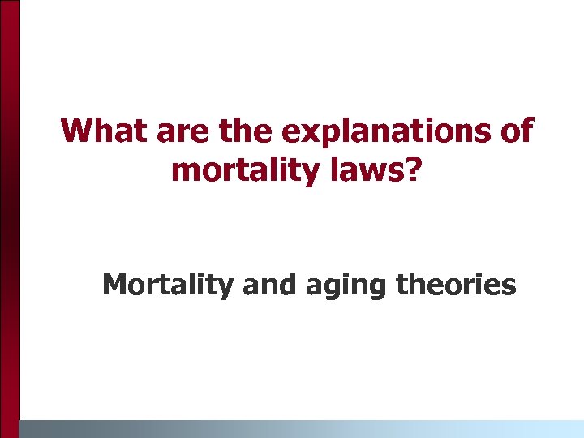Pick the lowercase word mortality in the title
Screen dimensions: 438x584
pyautogui.click(x=238, y=171)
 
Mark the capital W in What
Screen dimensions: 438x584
pyautogui.click(x=78, y=131)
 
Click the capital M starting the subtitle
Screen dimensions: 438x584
pyautogui.click(x=115, y=285)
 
